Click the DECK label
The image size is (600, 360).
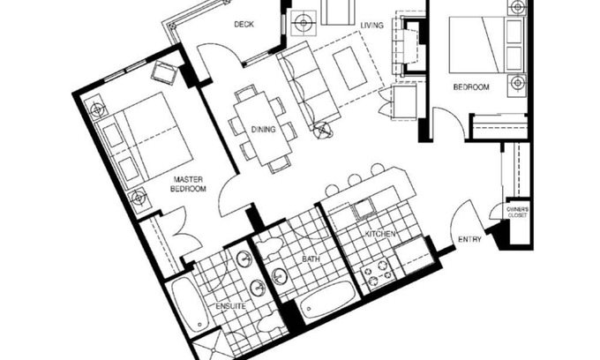[244, 25]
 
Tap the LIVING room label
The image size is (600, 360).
[371, 26]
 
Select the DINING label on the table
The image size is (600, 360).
[263, 130]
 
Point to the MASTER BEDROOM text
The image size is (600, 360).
[188, 184]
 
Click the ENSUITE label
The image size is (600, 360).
[230, 306]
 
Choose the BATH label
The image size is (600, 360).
[311, 259]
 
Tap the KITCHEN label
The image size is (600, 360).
[380, 234]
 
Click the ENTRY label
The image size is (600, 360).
[469, 239]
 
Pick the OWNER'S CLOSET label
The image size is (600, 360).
[517, 213]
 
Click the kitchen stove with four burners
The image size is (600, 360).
[378, 273]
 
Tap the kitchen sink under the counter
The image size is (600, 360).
[364, 209]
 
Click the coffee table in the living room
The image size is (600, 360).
[349, 68]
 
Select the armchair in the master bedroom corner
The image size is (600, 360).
[165, 72]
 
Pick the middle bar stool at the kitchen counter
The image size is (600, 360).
[355, 179]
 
